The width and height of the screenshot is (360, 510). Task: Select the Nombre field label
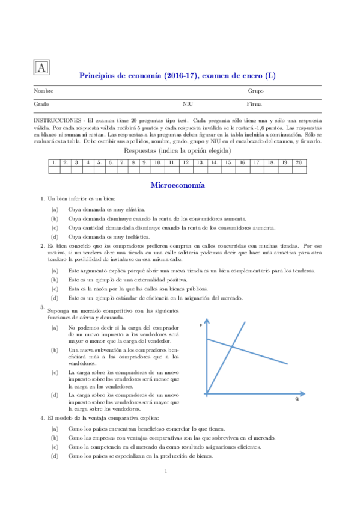[x=43, y=91]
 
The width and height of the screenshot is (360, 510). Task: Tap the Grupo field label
[x=256, y=91]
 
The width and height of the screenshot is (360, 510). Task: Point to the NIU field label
[x=188, y=104]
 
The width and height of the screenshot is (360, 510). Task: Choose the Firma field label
[x=255, y=104]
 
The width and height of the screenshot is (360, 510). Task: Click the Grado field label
[x=41, y=104]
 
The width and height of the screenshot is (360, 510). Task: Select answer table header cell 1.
[x=53, y=162]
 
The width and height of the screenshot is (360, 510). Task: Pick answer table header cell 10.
[x=157, y=162]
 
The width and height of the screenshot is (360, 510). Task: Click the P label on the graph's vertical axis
[x=200, y=325]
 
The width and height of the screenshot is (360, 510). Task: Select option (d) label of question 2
[x=55, y=298]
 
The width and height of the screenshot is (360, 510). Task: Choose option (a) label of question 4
[x=55, y=429]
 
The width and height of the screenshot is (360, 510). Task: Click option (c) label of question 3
[x=55, y=372]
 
